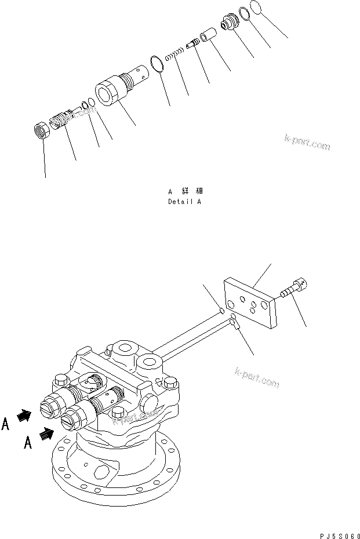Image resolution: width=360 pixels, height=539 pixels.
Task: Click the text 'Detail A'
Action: point(184,202)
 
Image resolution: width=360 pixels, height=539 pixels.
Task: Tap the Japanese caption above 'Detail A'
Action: point(184,191)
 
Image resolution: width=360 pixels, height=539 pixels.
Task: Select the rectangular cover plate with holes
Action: point(250,303)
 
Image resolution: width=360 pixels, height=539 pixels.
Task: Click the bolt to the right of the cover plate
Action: point(295,289)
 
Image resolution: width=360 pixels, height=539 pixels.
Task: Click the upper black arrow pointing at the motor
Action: point(24,415)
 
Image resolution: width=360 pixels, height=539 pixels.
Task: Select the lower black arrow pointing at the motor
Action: point(46,432)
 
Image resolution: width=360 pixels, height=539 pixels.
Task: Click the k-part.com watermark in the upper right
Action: point(307,142)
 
